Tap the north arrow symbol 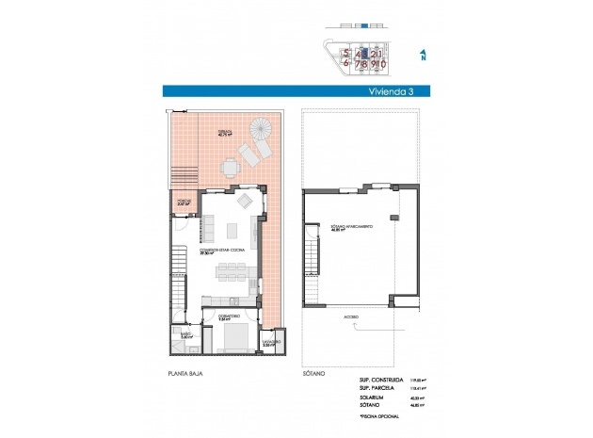[x=424, y=57]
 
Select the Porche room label [x=184, y=201]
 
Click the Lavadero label [x=268, y=344]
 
